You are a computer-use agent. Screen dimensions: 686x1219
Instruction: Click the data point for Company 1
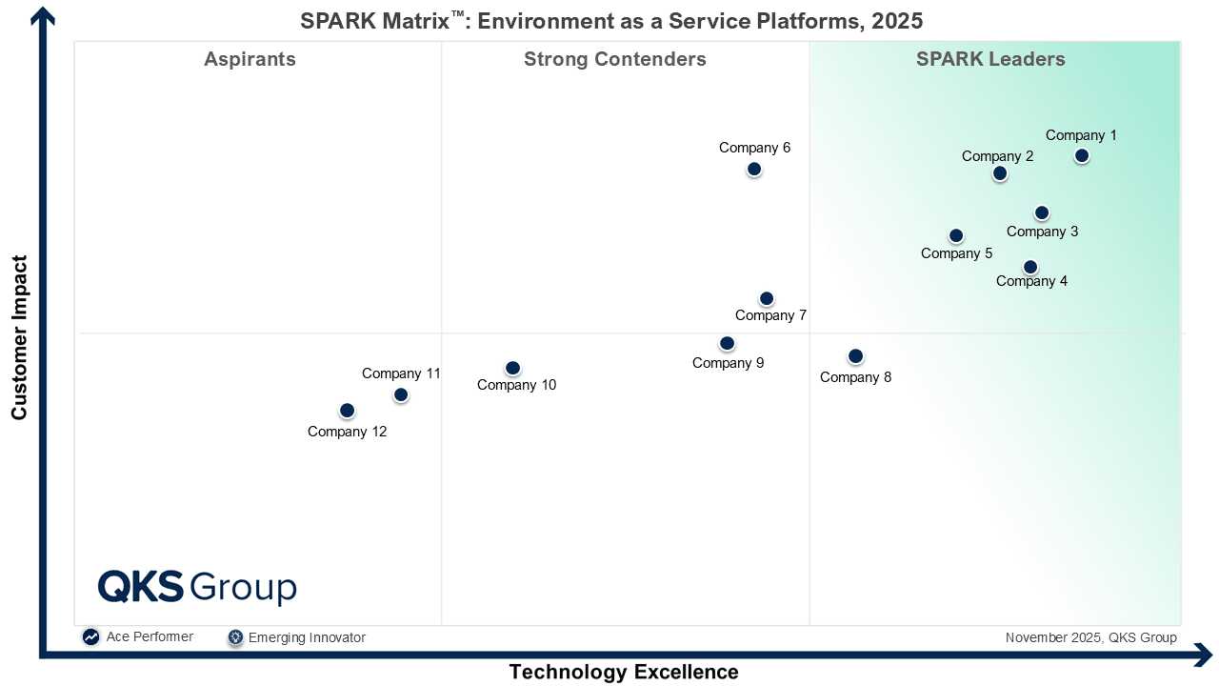click(1081, 155)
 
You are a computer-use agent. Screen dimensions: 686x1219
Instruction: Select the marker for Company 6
click(753, 169)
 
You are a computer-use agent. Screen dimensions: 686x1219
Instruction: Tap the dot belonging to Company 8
click(855, 356)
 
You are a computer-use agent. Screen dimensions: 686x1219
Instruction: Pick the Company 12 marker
click(347, 411)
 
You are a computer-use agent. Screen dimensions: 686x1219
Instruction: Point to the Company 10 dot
click(512, 368)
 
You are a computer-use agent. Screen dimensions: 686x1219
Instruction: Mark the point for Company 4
click(1029, 267)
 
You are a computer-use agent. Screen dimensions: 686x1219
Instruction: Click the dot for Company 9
click(727, 343)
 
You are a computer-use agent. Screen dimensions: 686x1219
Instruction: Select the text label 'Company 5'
click(956, 253)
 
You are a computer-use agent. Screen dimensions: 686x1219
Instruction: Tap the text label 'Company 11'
click(401, 373)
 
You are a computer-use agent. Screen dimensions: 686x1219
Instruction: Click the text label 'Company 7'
click(770, 315)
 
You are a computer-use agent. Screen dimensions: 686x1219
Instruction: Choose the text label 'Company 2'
click(997, 156)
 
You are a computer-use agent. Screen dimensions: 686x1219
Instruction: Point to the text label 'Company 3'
click(1042, 232)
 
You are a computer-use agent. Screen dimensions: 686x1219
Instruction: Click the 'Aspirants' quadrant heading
click(250, 59)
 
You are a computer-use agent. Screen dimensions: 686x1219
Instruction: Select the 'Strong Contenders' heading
click(614, 59)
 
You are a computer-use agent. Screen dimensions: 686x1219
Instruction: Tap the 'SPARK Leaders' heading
click(990, 59)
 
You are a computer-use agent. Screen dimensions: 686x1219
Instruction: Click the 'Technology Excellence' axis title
click(623, 672)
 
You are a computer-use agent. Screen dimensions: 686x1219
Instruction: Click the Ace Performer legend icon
click(90, 637)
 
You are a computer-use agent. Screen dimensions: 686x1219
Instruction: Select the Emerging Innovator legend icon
click(235, 637)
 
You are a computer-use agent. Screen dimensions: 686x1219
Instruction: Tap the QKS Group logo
click(197, 587)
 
